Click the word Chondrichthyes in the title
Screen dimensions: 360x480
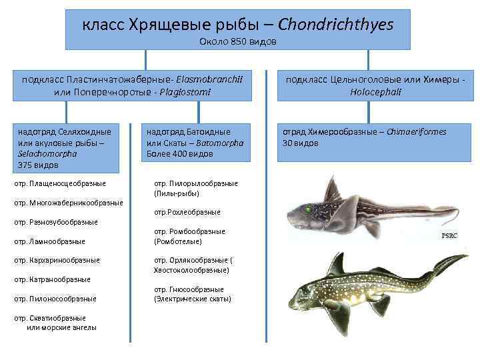335,25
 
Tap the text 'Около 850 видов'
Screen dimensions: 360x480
237,42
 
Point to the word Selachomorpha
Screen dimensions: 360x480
47,153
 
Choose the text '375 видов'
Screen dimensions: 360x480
39,164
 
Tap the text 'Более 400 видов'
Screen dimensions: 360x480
179,153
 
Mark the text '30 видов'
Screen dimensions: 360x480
301,143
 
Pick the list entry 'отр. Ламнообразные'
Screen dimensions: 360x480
49,241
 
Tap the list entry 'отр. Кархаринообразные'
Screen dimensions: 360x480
57,260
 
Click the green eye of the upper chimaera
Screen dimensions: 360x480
309,209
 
